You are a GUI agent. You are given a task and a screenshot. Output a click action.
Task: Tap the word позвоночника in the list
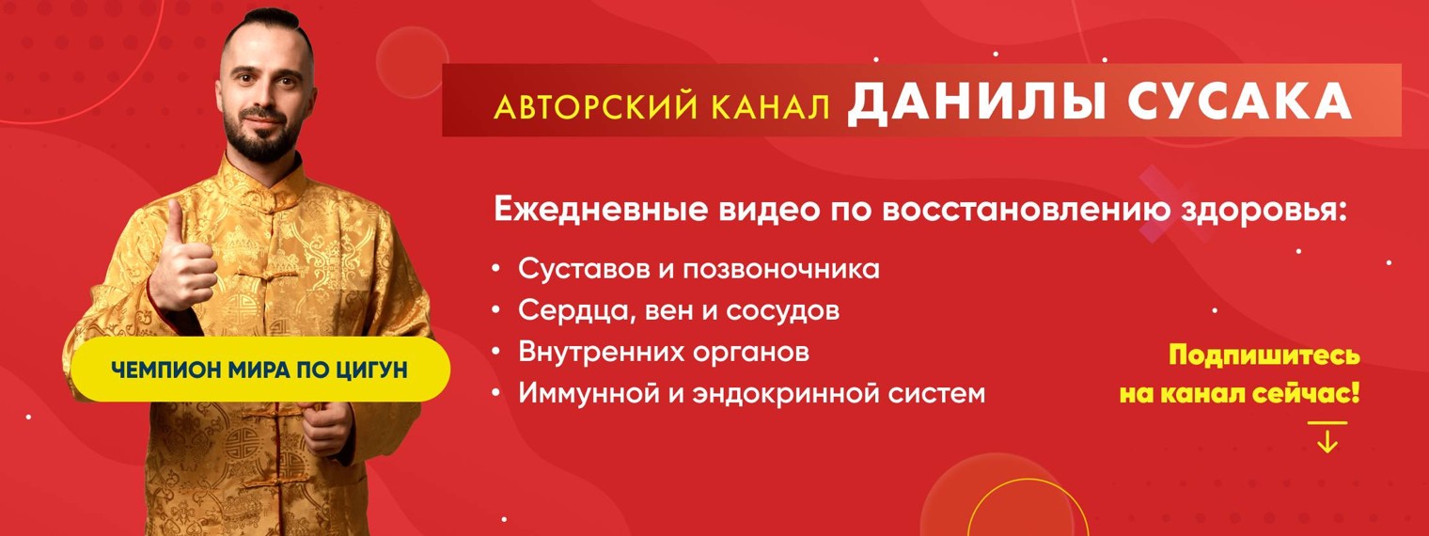(x=779, y=270)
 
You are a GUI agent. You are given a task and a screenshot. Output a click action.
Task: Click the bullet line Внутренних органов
(x=663, y=352)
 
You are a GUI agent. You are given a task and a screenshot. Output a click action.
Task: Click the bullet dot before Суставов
(x=495, y=270)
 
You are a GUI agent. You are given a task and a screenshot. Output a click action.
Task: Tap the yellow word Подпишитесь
(x=1264, y=356)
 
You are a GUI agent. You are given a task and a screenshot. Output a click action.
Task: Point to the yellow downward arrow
(x=1327, y=439)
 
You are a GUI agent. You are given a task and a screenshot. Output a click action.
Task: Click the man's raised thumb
(x=175, y=218)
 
